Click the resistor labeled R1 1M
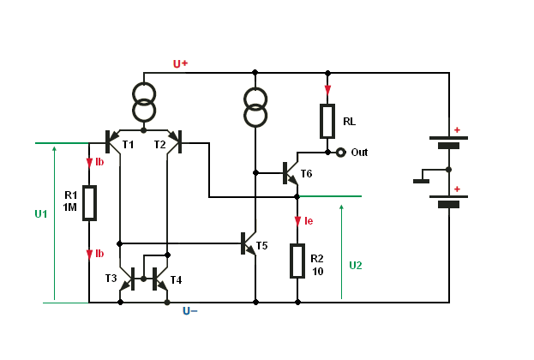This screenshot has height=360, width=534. [89, 203]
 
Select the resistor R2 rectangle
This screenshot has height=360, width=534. [297, 261]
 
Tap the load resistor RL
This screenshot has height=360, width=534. [327, 121]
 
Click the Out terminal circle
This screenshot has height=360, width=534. [340, 153]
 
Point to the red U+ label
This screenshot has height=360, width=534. [181, 63]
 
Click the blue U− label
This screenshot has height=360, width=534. [190, 311]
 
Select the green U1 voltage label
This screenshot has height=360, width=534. [41, 214]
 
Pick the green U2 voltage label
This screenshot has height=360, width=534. [356, 266]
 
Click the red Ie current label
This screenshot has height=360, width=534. [309, 221]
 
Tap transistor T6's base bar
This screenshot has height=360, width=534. [285, 173]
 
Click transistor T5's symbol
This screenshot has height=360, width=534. [249, 244]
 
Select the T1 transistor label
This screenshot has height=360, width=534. [128, 145]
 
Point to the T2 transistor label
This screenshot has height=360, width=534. [159, 145]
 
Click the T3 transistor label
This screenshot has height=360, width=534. [111, 279]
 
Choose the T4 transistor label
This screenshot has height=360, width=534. [176, 280]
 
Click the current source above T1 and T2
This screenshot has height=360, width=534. [144, 102]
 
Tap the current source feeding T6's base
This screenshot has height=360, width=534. [255, 107]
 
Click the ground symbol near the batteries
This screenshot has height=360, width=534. [421, 181]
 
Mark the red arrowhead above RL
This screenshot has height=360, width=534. [327, 90]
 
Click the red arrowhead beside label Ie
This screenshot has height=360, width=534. [297, 221]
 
